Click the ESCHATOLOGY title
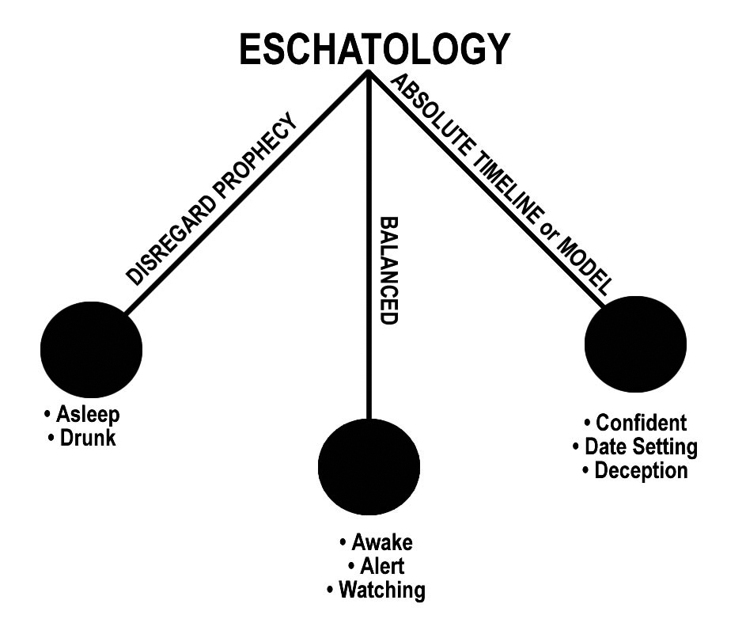[373, 49]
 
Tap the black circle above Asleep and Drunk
[91, 347]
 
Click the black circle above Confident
[635, 345]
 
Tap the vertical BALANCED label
[388, 269]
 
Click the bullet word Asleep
[91, 416]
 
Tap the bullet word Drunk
[91, 437]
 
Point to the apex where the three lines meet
[369, 73]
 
